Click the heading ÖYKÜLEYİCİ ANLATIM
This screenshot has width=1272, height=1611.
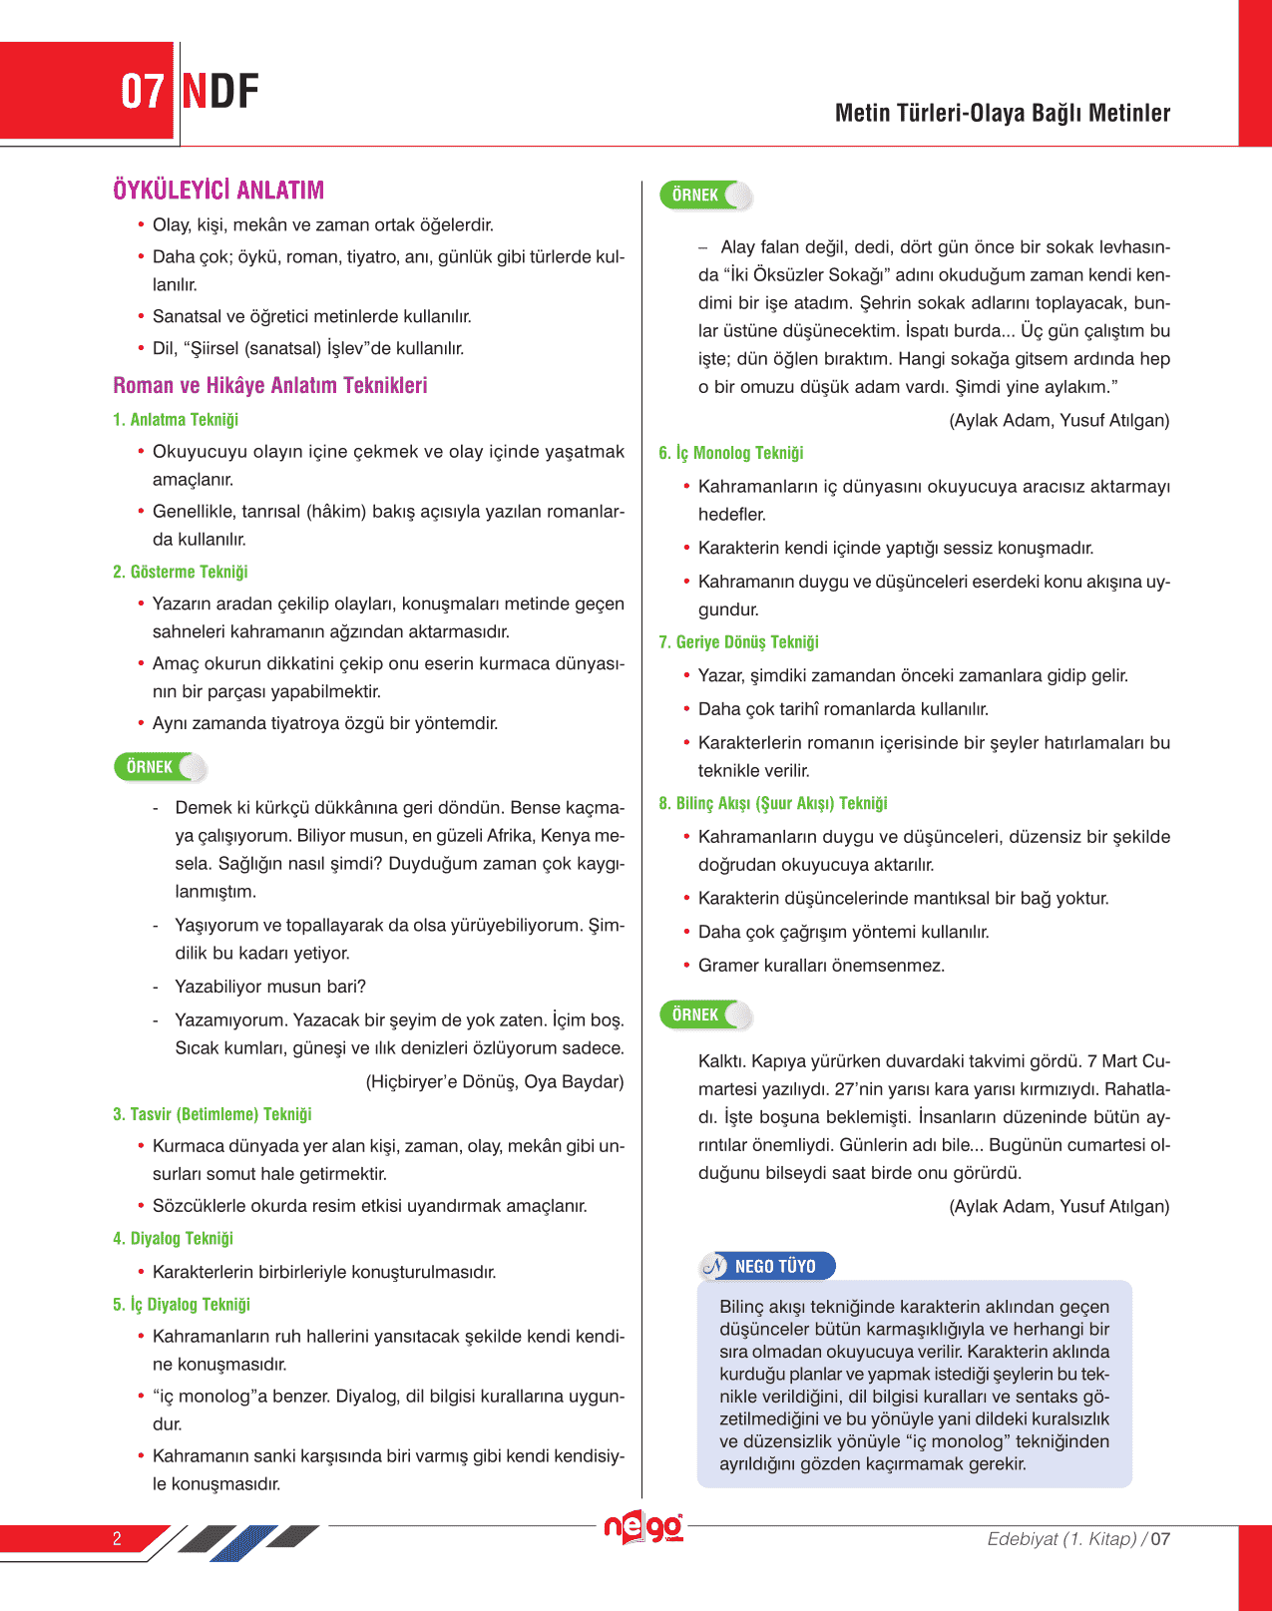click(218, 190)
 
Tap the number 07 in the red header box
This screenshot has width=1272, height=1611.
click(142, 92)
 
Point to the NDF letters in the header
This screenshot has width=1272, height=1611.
click(221, 92)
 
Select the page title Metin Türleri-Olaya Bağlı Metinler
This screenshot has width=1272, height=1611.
click(1002, 113)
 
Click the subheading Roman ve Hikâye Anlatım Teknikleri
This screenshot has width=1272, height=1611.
click(270, 385)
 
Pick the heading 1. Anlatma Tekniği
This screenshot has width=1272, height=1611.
click(176, 420)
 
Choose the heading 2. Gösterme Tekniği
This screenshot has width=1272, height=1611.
click(181, 572)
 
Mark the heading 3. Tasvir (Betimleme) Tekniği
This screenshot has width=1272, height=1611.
click(212, 1114)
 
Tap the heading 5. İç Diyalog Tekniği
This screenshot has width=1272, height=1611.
click(182, 1304)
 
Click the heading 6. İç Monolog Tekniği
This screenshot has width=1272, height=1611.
click(731, 453)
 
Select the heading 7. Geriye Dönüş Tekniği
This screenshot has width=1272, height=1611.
click(739, 642)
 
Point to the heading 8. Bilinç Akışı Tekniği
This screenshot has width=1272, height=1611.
click(773, 804)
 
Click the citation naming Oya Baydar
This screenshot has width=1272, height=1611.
click(495, 1081)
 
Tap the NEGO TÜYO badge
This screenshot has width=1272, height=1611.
click(767, 1266)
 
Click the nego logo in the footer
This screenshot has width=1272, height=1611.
click(643, 1527)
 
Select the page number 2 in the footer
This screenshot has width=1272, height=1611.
click(117, 1538)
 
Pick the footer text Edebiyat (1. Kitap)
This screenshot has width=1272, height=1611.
click(1061, 1539)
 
